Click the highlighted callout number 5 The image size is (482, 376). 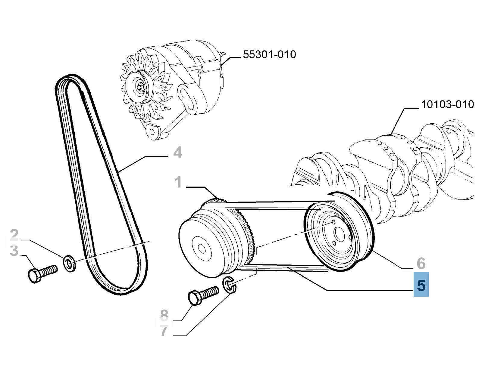(x=421, y=285)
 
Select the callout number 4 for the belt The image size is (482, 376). (x=178, y=153)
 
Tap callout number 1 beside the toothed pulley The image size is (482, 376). (x=178, y=182)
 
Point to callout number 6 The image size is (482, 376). (x=421, y=263)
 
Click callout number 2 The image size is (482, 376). (x=14, y=234)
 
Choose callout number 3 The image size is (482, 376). (x=14, y=251)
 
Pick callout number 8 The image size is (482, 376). (x=164, y=315)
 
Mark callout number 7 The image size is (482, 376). (x=164, y=331)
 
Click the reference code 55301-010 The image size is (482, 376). (x=269, y=54)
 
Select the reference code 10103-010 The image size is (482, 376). (x=447, y=104)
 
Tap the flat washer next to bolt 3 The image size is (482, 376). (x=70, y=264)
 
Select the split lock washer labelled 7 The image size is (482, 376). (x=229, y=285)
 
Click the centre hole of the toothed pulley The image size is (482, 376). (x=201, y=249)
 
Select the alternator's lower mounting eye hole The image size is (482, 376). (x=152, y=131)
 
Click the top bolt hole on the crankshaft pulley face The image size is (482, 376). (x=333, y=222)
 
